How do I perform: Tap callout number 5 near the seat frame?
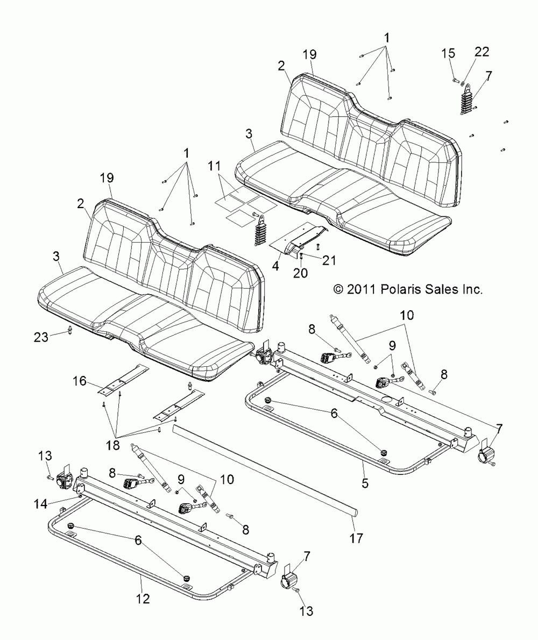365,482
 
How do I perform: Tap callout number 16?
79,382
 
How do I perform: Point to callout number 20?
300,273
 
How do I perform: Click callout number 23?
42,337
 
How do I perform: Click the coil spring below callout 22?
467,101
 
